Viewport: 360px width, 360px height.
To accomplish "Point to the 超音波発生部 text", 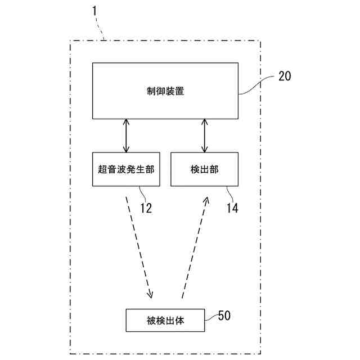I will [x=125, y=169].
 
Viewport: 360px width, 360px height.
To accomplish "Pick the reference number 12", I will [x=146, y=208].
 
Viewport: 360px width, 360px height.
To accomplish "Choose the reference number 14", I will [x=232, y=208].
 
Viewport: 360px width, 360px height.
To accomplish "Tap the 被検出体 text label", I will [x=165, y=322].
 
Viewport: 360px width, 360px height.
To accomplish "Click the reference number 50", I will [x=224, y=315].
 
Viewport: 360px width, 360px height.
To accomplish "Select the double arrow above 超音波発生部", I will [x=126, y=136].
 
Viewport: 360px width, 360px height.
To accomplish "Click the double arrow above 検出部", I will [x=204, y=136].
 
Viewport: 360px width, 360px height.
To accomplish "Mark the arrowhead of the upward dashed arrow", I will [x=207, y=200].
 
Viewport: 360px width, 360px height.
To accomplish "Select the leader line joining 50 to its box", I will [x=210, y=318].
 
